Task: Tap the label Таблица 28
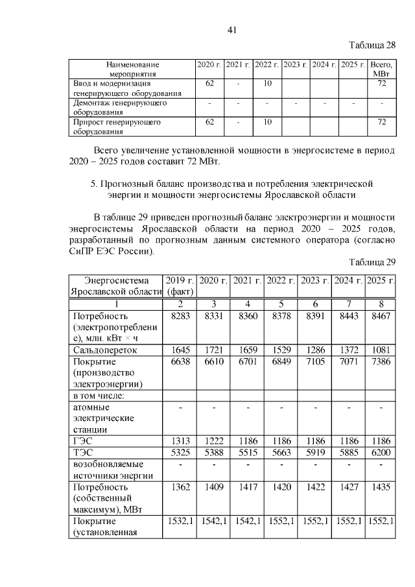coord(372,45)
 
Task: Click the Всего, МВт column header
coord(381,69)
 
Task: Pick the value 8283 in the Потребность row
coord(180,315)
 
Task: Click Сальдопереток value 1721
coord(213,350)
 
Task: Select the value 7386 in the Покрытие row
coord(380,361)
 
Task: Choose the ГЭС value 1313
coord(180,439)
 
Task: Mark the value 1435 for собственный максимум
coord(380,486)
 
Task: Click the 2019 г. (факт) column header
coord(180,285)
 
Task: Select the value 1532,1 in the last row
coord(180,521)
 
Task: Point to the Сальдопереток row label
coord(103,350)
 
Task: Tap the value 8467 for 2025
coord(380,315)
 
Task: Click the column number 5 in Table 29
coord(280,304)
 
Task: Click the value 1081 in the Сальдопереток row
coord(380,350)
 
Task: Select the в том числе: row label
coord(99,396)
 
